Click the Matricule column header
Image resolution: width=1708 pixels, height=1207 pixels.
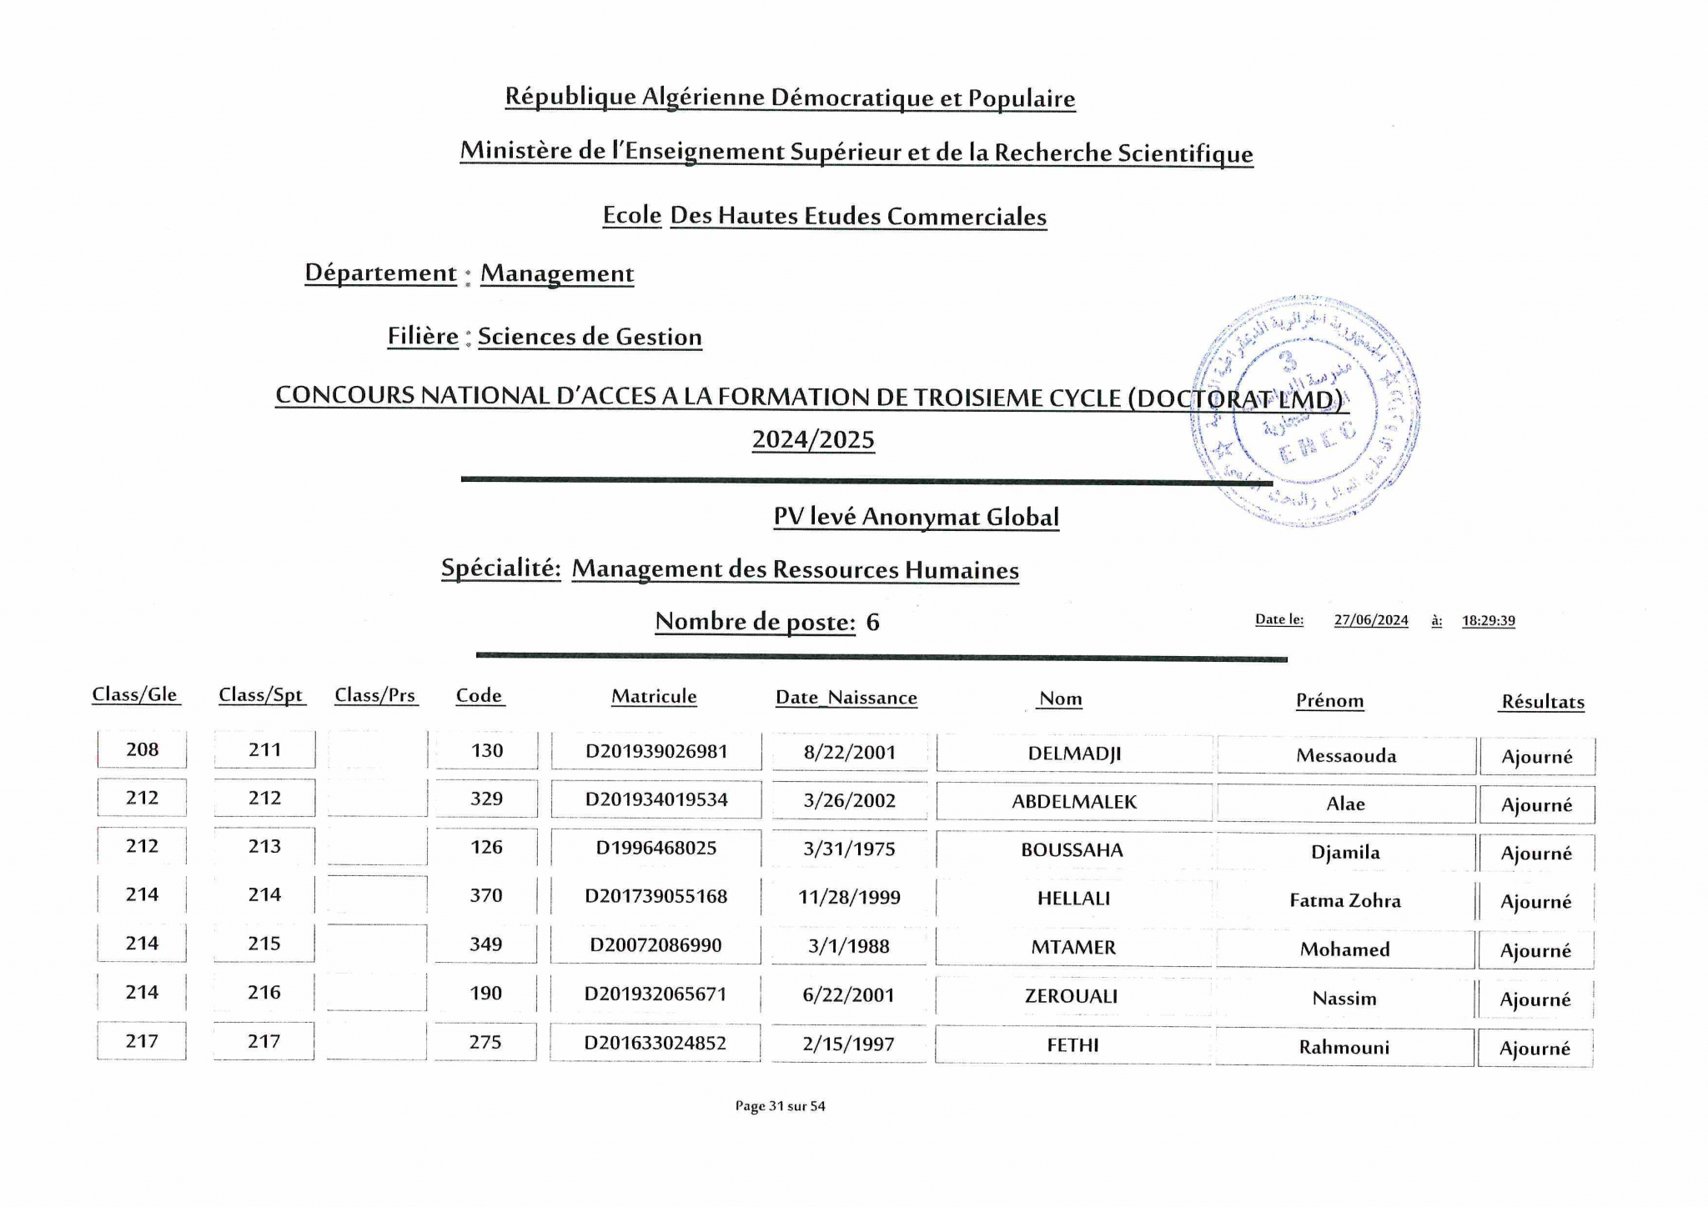[654, 696]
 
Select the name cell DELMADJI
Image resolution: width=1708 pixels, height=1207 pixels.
[1074, 754]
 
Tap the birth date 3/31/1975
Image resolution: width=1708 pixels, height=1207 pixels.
[849, 849]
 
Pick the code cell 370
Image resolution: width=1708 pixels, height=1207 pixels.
[486, 895]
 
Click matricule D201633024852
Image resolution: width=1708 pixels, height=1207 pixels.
[656, 1043]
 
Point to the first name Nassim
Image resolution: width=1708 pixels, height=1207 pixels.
[1344, 998]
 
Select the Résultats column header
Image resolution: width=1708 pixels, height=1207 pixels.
[1543, 702]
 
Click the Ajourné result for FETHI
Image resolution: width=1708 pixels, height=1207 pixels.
[1535, 1049]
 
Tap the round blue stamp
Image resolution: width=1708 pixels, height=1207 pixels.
[1305, 412]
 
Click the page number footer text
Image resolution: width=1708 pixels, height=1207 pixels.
[780, 1106]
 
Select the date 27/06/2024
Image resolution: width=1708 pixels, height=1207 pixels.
[1371, 620]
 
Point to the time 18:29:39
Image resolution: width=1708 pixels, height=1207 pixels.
[1489, 620]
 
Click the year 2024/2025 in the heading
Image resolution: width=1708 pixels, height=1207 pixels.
[813, 439]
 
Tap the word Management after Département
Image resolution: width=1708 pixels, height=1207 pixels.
[557, 273]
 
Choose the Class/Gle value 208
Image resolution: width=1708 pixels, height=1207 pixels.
[142, 749]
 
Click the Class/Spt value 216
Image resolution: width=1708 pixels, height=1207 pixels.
[264, 992]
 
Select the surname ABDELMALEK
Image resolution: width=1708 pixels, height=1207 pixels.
[1074, 802]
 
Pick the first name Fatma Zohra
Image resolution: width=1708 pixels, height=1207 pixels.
[1345, 900]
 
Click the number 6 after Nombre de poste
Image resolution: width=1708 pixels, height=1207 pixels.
[872, 622]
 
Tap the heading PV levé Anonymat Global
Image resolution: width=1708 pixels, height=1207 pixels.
[916, 517]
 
